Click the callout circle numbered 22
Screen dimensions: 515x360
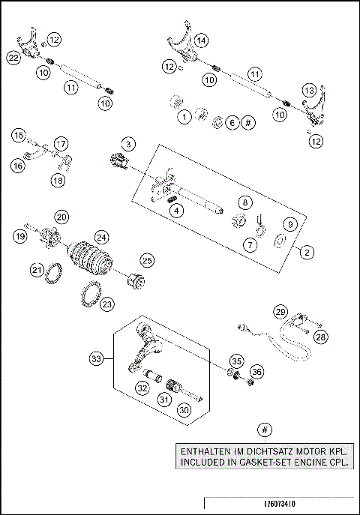[x=13, y=57]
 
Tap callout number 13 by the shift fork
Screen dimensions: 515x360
[x=308, y=88]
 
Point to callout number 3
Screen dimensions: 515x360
[x=129, y=142]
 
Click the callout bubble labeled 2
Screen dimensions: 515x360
[x=307, y=253]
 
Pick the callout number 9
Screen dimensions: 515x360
[x=287, y=223]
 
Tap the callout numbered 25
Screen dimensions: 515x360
[x=147, y=259]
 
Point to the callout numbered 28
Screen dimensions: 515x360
[x=321, y=338]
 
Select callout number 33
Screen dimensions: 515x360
[x=95, y=359]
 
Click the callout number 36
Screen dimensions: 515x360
[x=257, y=370]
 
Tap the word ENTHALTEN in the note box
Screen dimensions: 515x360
[x=205, y=453]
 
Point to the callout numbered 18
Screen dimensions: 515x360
[x=58, y=180]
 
